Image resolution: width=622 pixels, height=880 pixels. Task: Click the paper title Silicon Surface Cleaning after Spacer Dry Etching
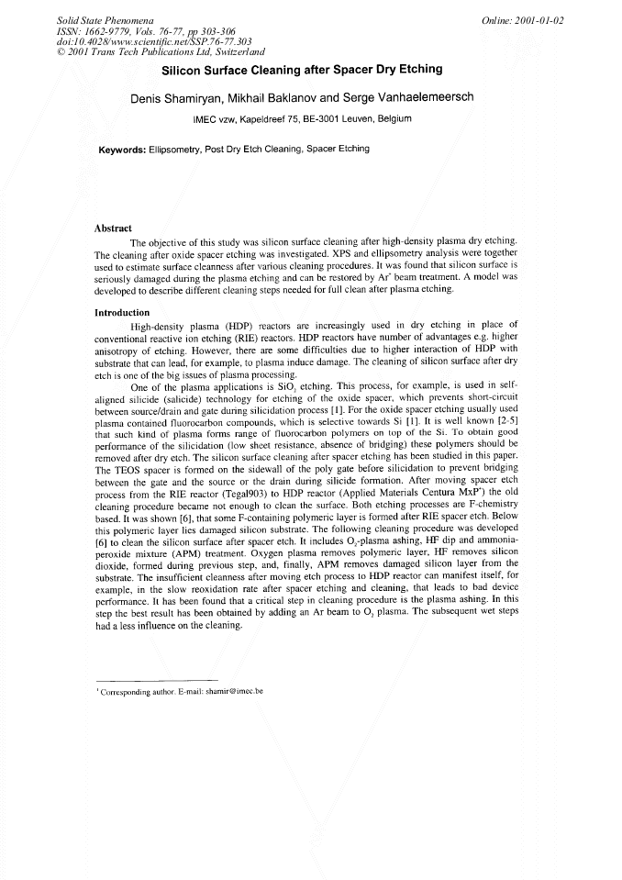[x=302, y=70]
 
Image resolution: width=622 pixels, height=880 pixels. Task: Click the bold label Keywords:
[x=122, y=149]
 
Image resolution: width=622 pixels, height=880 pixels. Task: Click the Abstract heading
[x=113, y=228]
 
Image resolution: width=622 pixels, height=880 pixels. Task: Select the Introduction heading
[x=121, y=313]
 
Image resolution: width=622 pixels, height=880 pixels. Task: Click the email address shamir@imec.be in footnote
[x=234, y=691]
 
